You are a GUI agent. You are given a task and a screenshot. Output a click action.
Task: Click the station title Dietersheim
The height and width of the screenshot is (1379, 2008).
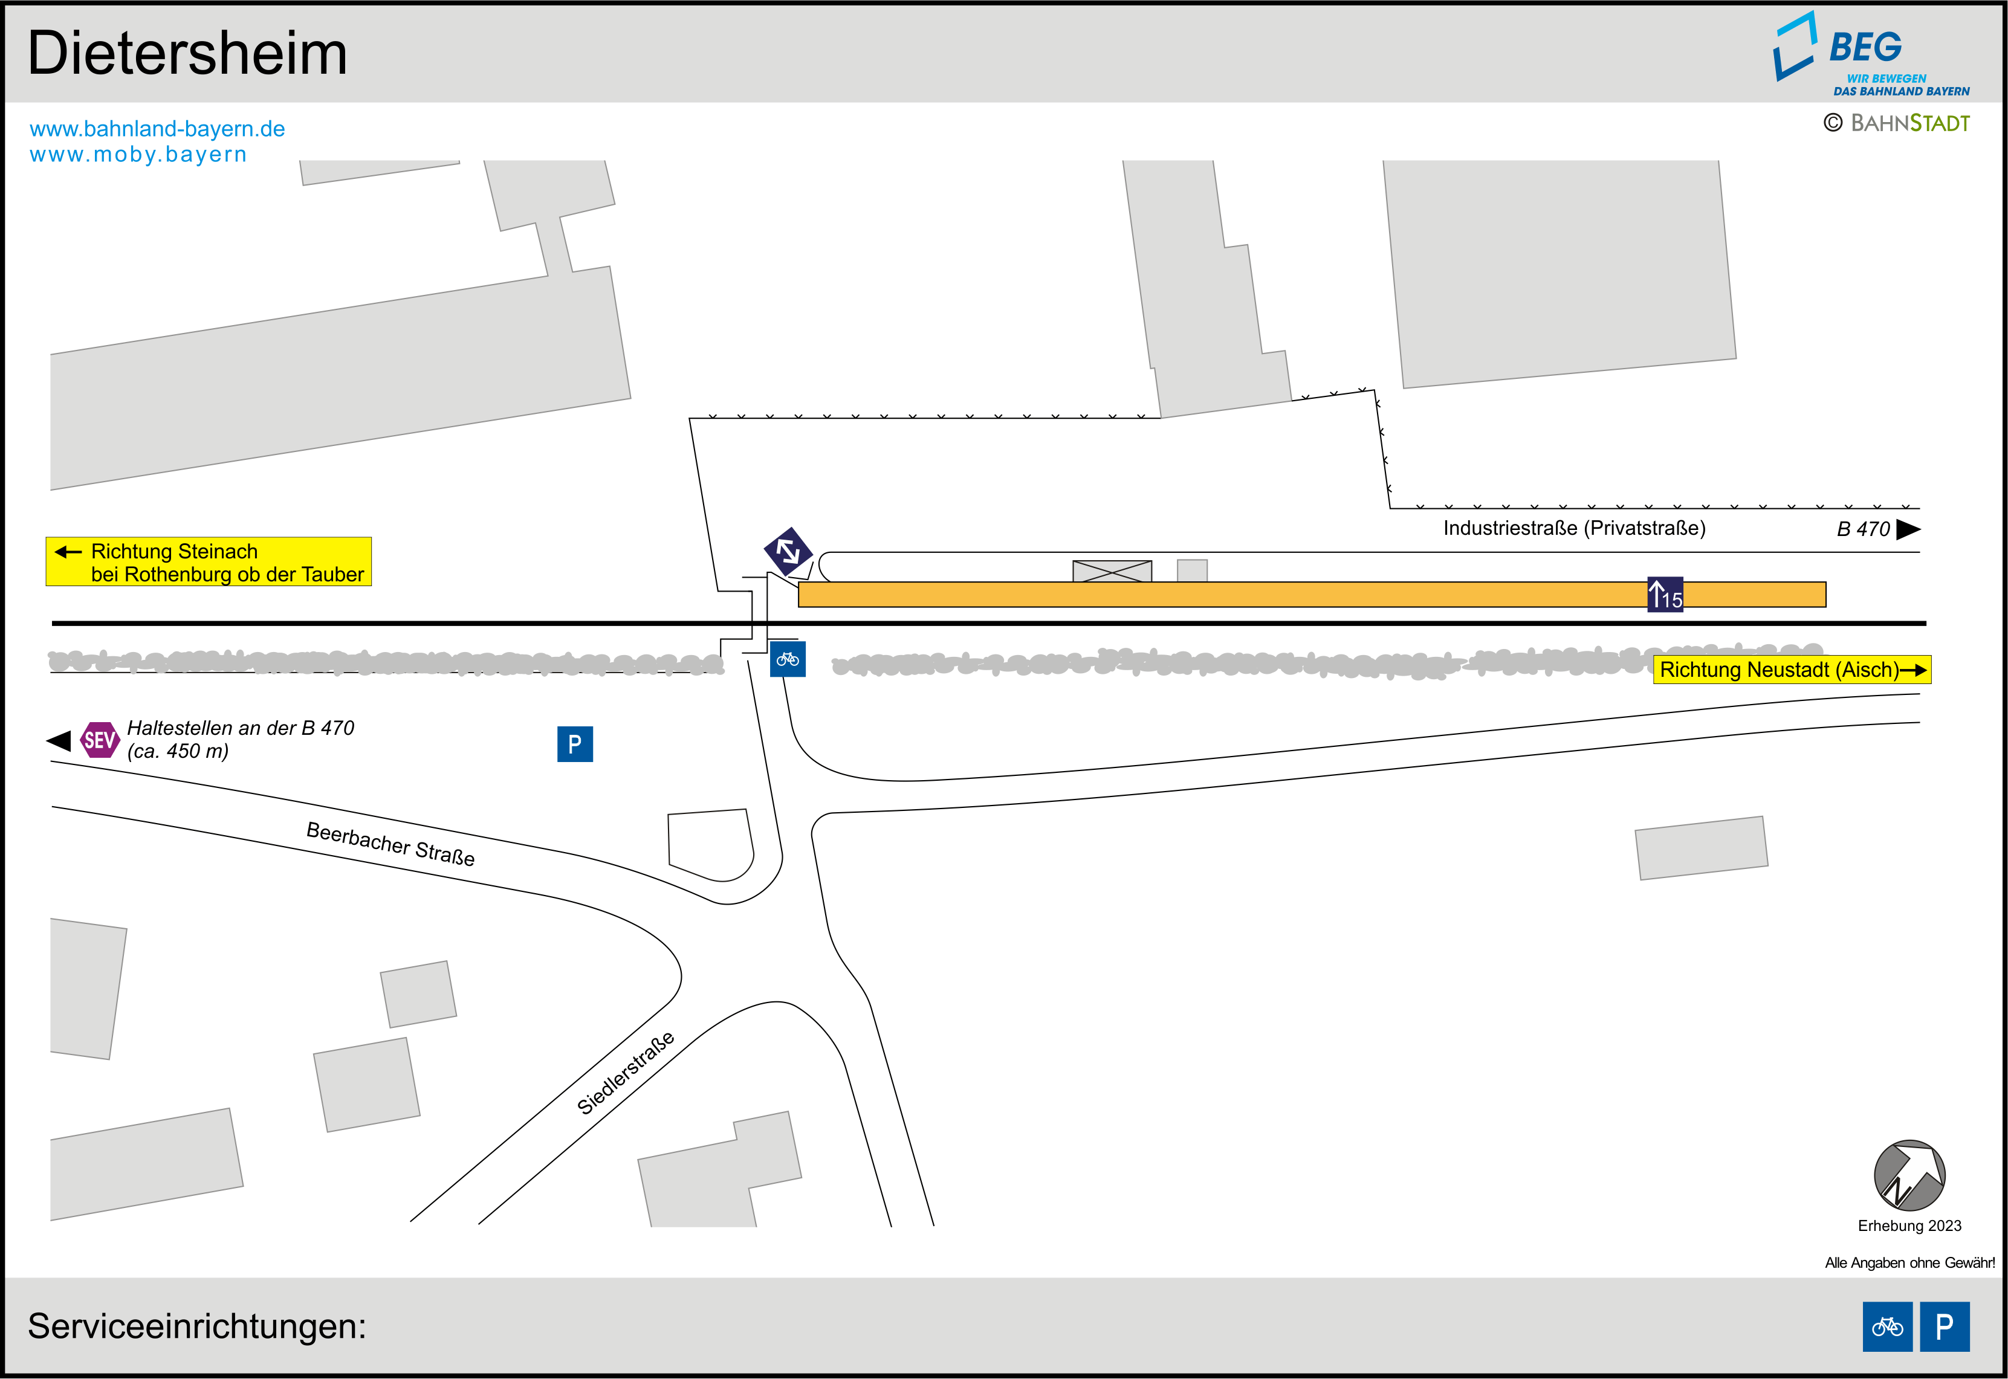pos(187,54)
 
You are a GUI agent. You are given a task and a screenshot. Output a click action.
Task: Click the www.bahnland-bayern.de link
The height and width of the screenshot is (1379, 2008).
pos(157,129)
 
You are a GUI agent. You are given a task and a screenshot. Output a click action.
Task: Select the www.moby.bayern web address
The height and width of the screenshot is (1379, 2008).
pos(138,155)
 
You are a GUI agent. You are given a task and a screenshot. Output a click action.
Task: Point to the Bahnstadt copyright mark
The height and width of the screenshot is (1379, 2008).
pos(1897,123)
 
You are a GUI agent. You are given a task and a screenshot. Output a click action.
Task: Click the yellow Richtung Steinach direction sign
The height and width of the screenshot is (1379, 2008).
pos(208,561)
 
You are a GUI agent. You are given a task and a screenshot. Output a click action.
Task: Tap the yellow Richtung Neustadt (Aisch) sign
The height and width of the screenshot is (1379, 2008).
pos(1792,670)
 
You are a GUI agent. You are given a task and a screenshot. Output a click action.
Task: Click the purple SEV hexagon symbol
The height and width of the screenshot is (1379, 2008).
pos(99,740)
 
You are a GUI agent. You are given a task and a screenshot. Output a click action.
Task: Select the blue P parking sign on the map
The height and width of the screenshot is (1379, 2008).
pos(575,744)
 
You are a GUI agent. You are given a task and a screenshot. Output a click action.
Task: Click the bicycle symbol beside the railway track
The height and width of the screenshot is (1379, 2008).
pos(787,659)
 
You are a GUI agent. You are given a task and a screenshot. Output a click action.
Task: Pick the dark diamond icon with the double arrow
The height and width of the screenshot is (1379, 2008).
pos(788,551)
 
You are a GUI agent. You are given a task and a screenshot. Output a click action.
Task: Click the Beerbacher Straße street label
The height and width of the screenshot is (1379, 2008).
pos(390,844)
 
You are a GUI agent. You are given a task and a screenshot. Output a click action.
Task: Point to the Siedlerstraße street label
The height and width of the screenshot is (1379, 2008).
pos(626,1073)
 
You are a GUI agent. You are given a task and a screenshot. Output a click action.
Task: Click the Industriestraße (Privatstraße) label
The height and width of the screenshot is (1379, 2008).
pos(1574,528)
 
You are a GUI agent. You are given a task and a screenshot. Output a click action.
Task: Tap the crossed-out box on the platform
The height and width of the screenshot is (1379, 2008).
pos(1112,571)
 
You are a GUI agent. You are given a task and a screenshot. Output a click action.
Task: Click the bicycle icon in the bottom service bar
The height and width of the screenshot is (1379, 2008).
pos(1887,1326)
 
